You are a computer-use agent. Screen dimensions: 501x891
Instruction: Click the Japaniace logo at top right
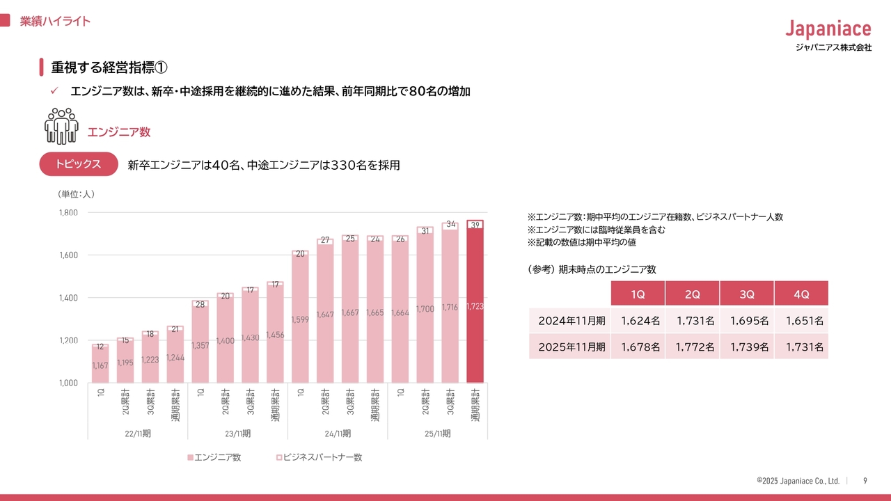828,29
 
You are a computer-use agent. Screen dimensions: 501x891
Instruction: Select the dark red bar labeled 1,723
475,306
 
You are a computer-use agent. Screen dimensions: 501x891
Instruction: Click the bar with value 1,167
100,365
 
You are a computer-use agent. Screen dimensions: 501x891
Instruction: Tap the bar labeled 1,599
301,319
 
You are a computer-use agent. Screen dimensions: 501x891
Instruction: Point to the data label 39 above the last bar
475,225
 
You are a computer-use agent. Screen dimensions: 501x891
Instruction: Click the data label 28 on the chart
200,304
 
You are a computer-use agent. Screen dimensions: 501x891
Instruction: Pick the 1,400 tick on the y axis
68,298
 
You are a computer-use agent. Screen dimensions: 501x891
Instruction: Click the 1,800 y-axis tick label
68,212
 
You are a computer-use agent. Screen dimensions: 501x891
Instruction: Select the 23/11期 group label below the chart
238,434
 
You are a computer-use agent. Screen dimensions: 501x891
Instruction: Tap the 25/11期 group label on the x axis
438,434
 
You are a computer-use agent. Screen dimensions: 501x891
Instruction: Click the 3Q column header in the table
747,294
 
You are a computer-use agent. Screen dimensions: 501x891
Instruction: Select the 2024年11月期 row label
571,321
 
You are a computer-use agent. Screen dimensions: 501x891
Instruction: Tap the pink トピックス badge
78,164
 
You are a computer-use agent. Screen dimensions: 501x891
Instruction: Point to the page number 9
865,481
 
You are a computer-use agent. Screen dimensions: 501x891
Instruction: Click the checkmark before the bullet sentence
54,91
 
